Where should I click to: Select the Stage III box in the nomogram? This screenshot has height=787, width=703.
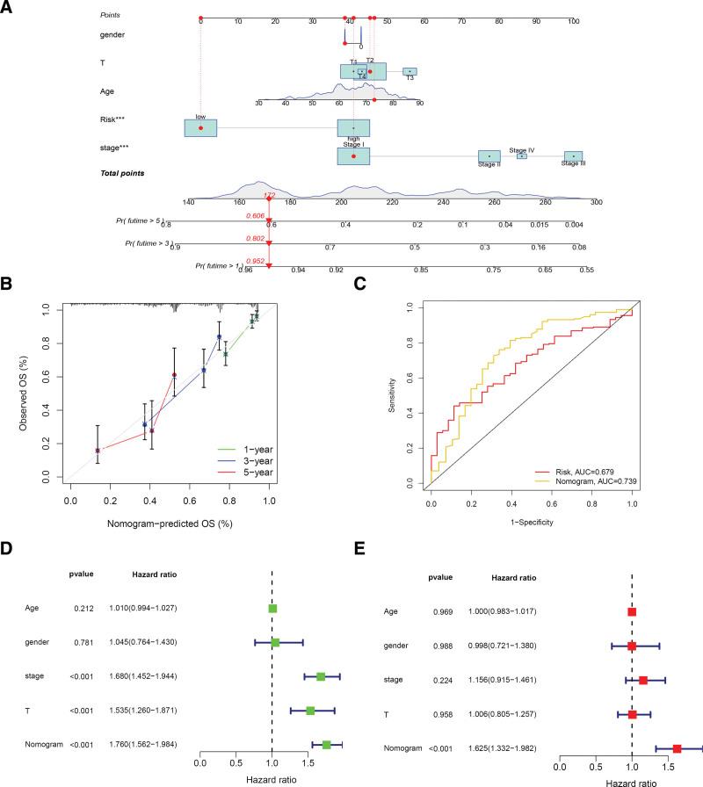point(573,156)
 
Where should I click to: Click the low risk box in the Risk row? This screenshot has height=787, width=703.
point(200,128)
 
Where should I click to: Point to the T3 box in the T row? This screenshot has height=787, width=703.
point(409,72)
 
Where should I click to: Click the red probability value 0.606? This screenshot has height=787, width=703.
point(256,215)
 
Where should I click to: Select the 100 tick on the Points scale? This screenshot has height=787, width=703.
point(573,21)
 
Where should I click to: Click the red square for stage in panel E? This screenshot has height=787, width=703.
point(643,680)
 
